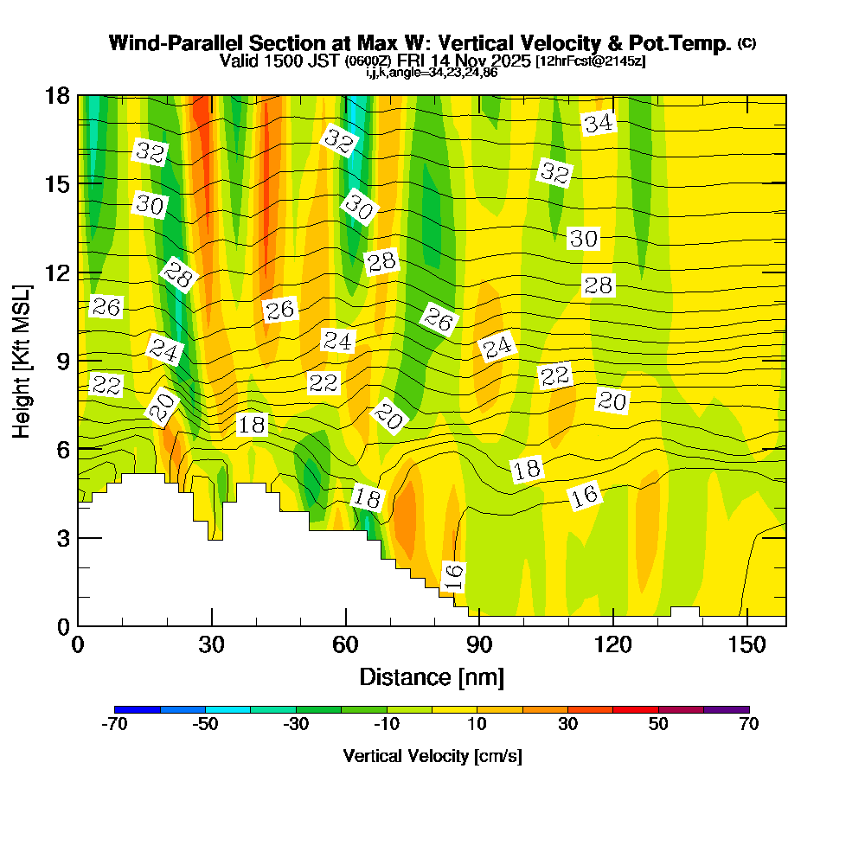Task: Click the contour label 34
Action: click(x=598, y=124)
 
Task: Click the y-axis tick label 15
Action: click(x=56, y=183)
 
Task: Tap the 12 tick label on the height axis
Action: click(x=56, y=272)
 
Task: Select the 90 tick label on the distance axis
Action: click(x=479, y=645)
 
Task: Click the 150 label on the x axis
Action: click(x=746, y=645)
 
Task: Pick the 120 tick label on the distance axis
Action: click(x=612, y=645)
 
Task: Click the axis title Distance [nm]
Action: click(x=432, y=676)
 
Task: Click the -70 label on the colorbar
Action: click(x=115, y=725)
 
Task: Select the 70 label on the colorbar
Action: click(x=749, y=725)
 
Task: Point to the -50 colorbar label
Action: click(x=205, y=725)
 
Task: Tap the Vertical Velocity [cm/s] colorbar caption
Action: click(x=432, y=756)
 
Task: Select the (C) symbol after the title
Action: click(x=746, y=42)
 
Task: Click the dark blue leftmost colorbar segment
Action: click(x=138, y=709)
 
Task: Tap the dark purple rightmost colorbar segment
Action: click(x=727, y=709)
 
